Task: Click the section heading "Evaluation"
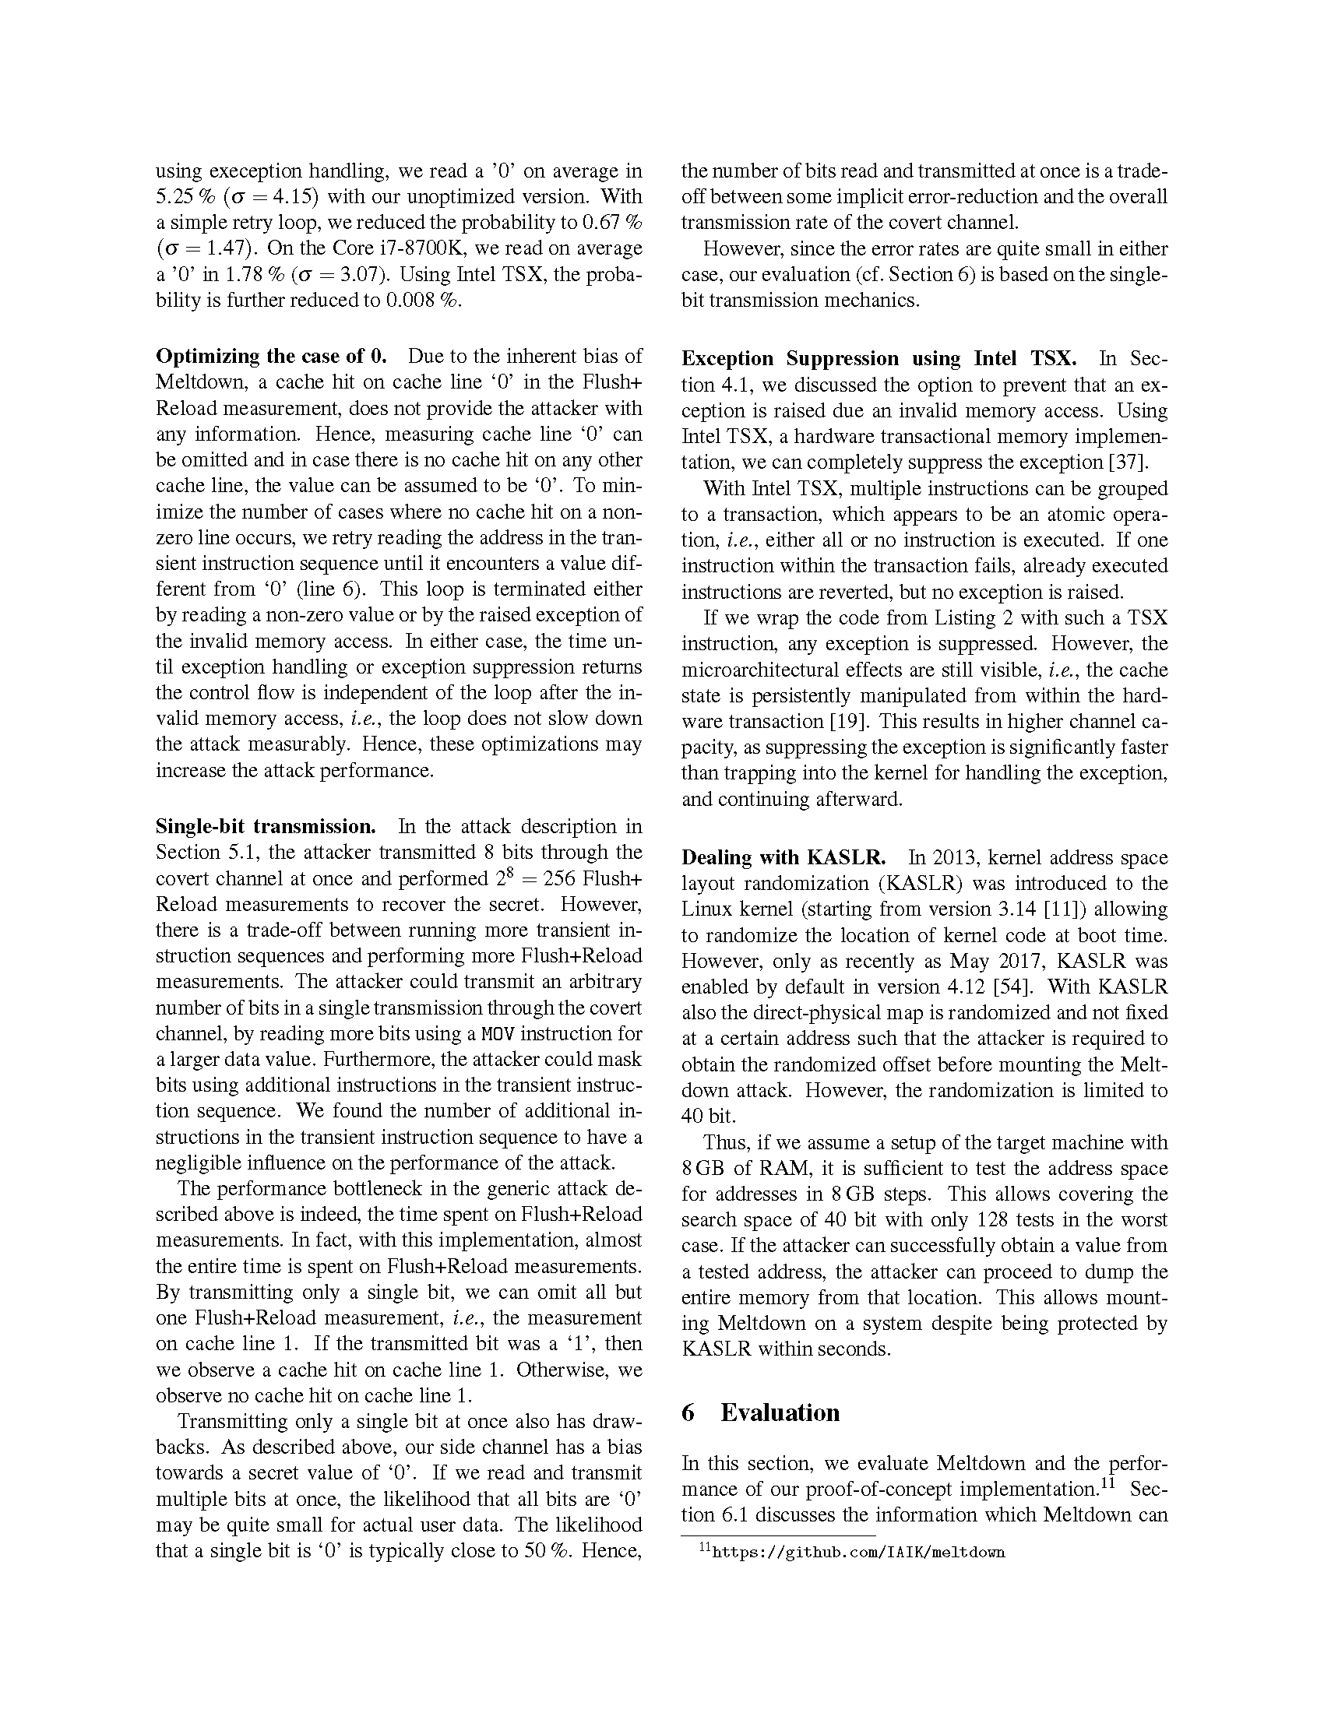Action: pos(780,1412)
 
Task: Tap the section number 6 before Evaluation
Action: pos(688,1412)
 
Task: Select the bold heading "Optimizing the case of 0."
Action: pos(271,356)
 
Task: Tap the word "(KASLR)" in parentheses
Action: pos(920,883)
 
